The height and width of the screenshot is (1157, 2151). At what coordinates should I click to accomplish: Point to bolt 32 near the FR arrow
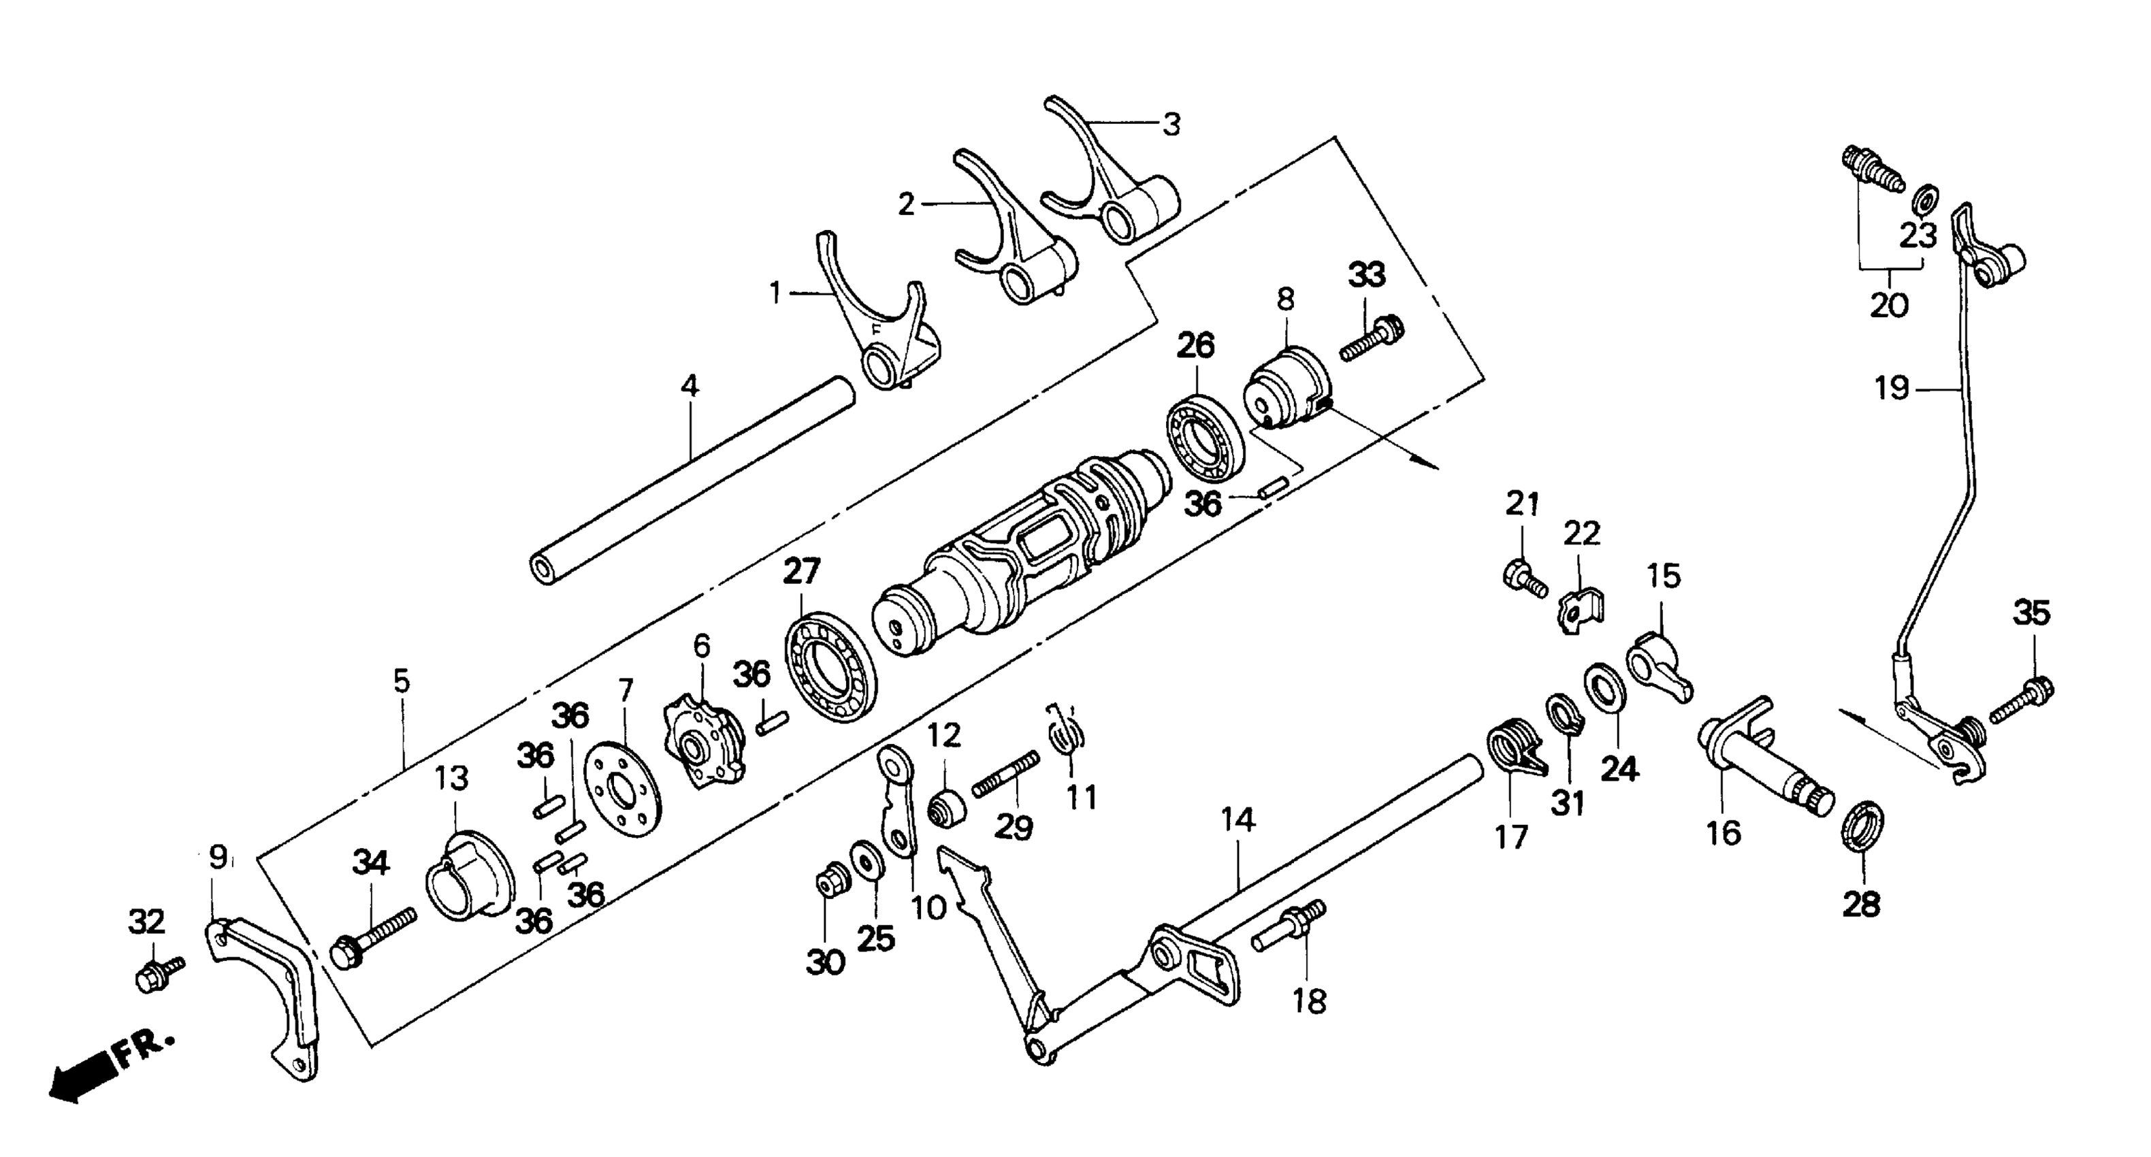158,973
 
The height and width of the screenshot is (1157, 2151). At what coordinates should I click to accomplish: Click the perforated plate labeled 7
622,789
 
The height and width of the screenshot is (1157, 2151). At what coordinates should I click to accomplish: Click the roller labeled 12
947,810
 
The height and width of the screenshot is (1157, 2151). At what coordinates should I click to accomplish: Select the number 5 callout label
402,682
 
